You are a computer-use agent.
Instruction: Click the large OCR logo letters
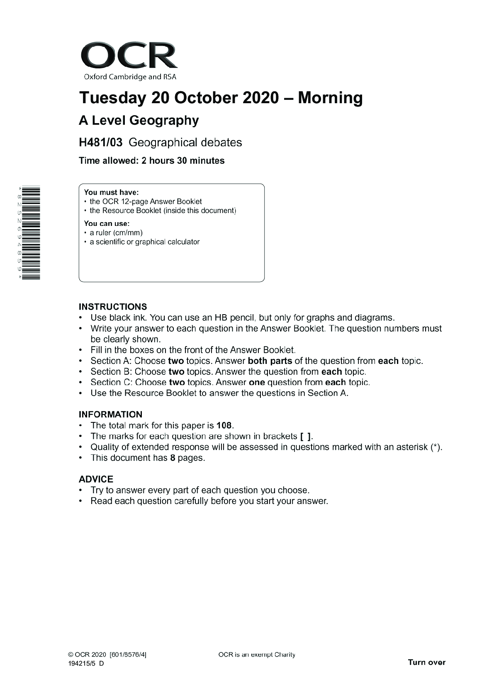click(x=129, y=56)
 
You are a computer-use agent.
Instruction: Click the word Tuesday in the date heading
click(x=112, y=98)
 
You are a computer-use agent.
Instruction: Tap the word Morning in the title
click(x=330, y=98)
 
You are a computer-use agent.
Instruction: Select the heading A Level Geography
click(x=139, y=121)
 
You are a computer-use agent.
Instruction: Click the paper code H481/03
click(x=101, y=143)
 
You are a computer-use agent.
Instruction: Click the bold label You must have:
click(x=111, y=192)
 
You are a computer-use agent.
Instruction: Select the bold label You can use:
click(x=107, y=224)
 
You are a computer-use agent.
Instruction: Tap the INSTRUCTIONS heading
click(x=113, y=307)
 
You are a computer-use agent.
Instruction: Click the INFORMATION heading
click(x=110, y=414)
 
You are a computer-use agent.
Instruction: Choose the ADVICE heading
click(x=96, y=479)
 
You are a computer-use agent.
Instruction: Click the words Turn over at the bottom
click(x=426, y=662)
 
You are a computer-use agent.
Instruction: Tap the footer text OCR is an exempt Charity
click(x=256, y=655)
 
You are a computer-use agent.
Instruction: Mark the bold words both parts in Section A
click(x=270, y=361)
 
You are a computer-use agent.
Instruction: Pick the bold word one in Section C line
click(x=257, y=383)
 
